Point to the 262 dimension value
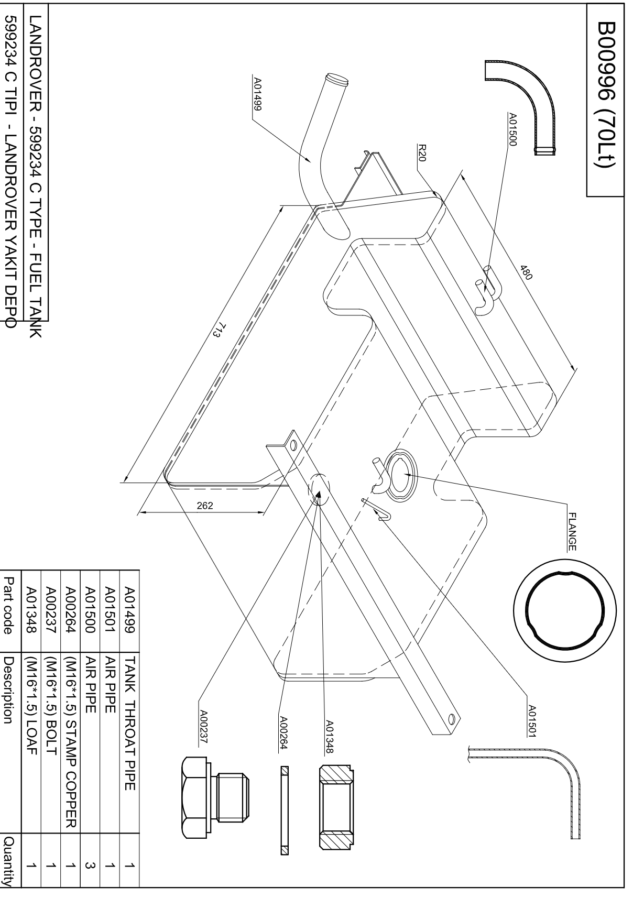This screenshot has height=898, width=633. click(x=205, y=506)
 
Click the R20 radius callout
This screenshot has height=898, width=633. click(x=421, y=152)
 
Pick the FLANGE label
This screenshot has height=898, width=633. click(x=572, y=532)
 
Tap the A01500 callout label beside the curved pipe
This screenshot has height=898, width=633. click(x=512, y=129)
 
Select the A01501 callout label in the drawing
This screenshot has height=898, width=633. click(x=532, y=721)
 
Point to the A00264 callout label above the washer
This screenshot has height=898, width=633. click(x=283, y=732)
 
